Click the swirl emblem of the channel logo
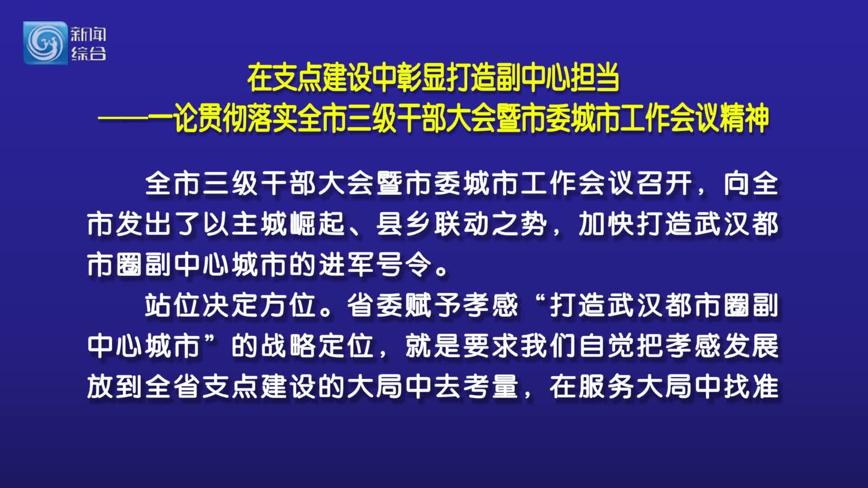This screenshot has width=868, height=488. [x=45, y=42]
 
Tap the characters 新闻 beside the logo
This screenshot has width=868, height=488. [x=88, y=34]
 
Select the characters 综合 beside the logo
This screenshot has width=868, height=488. [x=88, y=53]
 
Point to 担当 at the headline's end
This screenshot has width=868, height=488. [x=595, y=78]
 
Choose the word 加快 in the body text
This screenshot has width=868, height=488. [x=607, y=224]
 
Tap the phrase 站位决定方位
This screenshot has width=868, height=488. [x=231, y=305]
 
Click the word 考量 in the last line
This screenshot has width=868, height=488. [x=491, y=387]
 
